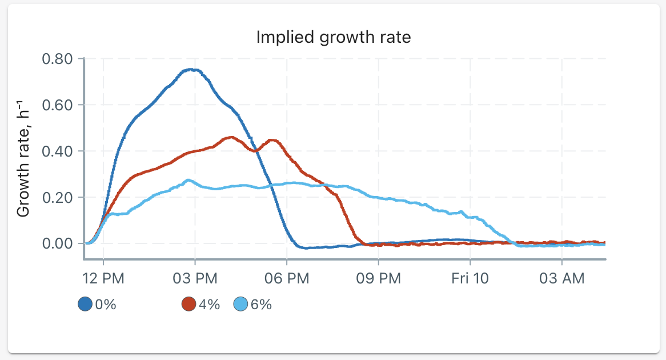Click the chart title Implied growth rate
(x=334, y=37)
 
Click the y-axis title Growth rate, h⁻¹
(x=23, y=158)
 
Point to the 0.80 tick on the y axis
(x=57, y=59)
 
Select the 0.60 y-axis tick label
(x=57, y=105)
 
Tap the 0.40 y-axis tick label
(x=57, y=151)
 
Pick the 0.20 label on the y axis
(x=57, y=198)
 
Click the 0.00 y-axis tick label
(x=57, y=243)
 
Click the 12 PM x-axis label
(x=103, y=278)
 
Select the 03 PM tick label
(x=195, y=278)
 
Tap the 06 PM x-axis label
(x=287, y=278)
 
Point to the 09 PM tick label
(x=379, y=278)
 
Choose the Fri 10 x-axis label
(x=470, y=278)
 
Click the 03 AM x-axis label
(x=562, y=278)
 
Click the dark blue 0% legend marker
(x=85, y=304)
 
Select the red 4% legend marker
(x=188, y=304)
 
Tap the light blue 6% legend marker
(x=241, y=304)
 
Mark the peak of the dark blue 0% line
(x=191, y=69)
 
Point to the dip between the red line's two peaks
(x=256, y=151)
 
